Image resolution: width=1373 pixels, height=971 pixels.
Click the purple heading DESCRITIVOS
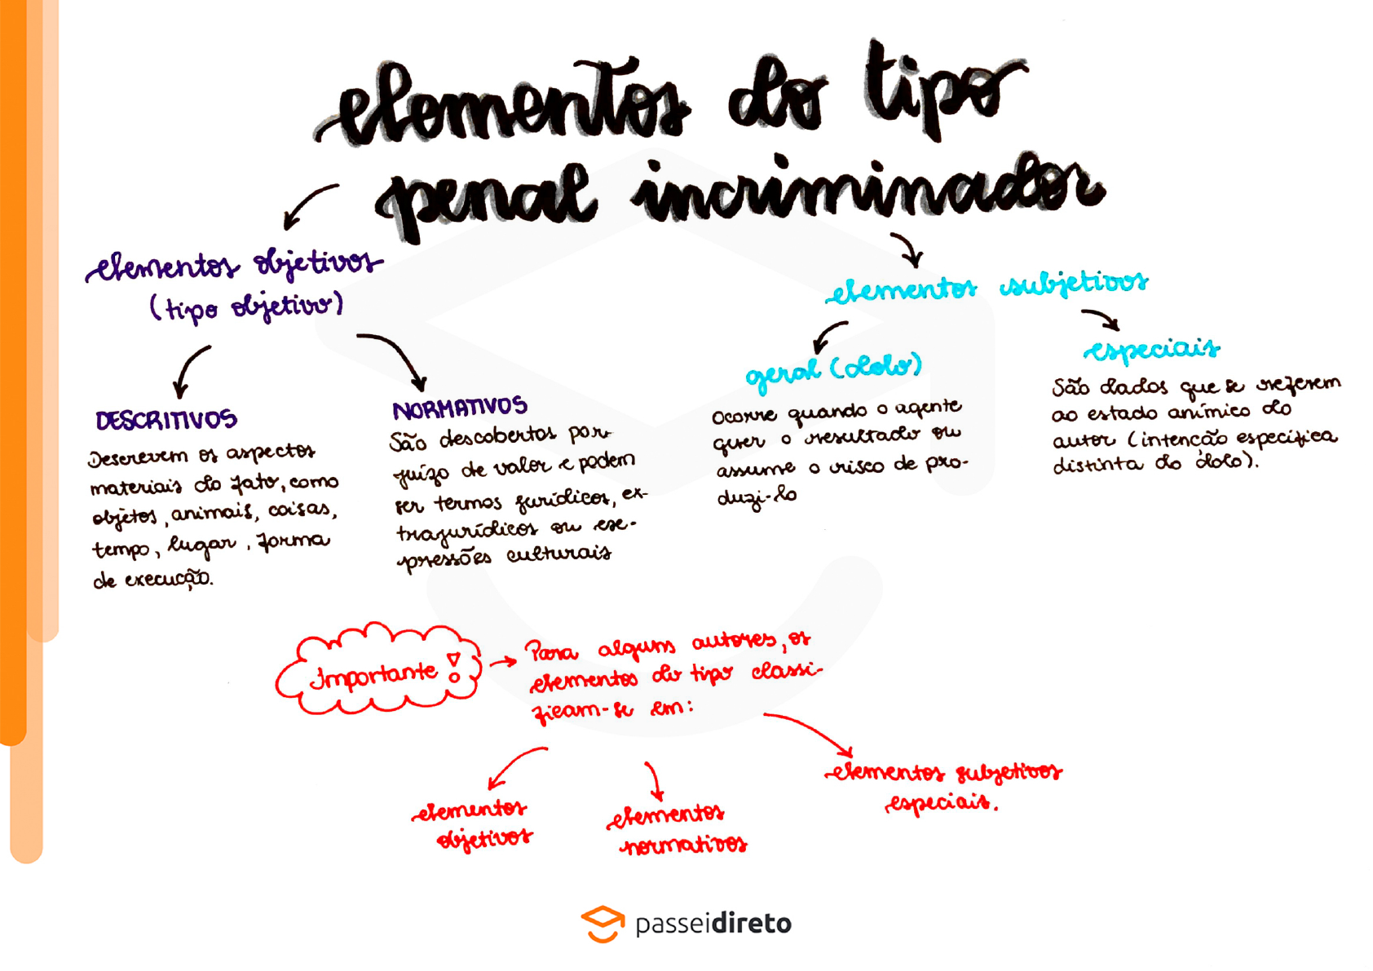click(x=166, y=420)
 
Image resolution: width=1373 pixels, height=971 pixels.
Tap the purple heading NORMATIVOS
click(x=460, y=408)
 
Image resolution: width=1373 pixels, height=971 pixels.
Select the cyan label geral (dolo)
click(x=833, y=369)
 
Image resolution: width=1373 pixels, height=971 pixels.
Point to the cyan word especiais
click(x=1151, y=350)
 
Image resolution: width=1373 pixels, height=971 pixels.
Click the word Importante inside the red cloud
click(x=374, y=674)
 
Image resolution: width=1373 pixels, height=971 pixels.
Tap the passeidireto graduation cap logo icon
click(x=603, y=924)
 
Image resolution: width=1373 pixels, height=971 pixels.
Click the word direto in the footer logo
click(x=751, y=924)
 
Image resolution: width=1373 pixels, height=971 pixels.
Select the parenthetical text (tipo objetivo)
click(x=246, y=307)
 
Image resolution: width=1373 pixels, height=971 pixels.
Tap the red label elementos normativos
click(x=677, y=828)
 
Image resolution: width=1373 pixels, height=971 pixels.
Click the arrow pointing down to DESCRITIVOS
click(x=191, y=369)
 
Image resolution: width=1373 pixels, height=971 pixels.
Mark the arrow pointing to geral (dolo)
click(x=829, y=334)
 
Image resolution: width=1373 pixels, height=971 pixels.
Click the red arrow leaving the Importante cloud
click(x=503, y=661)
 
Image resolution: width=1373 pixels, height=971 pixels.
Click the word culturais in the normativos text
click(x=558, y=554)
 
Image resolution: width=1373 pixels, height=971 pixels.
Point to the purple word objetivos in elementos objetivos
click(x=316, y=263)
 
